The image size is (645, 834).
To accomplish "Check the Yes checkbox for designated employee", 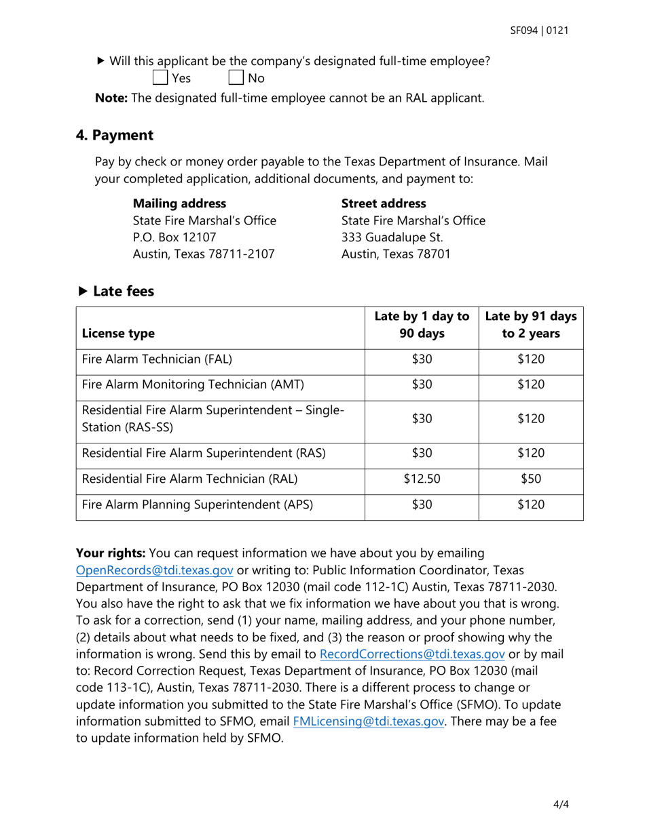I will click(x=160, y=77).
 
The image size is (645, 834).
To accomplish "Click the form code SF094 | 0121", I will click(x=539, y=31).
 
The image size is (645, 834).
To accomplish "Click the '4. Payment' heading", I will click(x=115, y=135).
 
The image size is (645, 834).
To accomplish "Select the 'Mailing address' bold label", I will click(x=179, y=203).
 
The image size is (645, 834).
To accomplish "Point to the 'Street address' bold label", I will click(x=384, y=203).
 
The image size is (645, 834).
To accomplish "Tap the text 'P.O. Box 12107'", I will click(x=174, y=237).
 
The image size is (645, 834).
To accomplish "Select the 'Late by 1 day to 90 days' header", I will click(x=422, y=325).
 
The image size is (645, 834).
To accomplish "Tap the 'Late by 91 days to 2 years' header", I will click(x=530, y=325).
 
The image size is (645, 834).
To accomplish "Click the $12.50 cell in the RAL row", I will click(x=422, y=479).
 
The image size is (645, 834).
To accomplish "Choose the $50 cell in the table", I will click(x=530, y=479).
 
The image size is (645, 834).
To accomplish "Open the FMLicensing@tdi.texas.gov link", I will click(x=369, y=721).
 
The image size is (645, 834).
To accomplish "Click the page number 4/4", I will click(x=561, y=805).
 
